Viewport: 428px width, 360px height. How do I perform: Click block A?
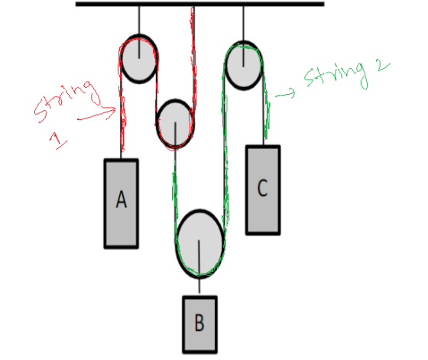point(122,203)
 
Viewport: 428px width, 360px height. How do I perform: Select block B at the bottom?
point(199,325)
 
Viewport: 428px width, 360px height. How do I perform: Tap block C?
point(263,190)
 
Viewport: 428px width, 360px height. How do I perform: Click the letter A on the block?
point(122,199)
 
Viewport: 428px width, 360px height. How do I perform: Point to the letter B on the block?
point(199,323)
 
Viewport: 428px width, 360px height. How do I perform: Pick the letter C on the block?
point(262,188)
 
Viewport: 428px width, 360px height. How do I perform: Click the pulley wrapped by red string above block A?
point(139,59)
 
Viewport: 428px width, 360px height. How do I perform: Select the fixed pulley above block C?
point(244,65)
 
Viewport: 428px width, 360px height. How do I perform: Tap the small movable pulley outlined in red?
point(175,124)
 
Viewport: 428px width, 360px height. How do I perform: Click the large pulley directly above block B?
point(199,244)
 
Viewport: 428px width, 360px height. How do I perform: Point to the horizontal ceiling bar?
point(199,4)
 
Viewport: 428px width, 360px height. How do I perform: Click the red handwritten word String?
point(67,101)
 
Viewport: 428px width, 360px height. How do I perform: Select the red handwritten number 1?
point(58,140)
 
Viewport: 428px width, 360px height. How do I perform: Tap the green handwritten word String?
point(336,75)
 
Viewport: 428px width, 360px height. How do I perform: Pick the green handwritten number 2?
point(384,66)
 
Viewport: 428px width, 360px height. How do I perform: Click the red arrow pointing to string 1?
point(97,114)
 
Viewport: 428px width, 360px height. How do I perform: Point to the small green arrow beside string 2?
point(285,93)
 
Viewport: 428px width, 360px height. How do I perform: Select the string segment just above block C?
point(264,106)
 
